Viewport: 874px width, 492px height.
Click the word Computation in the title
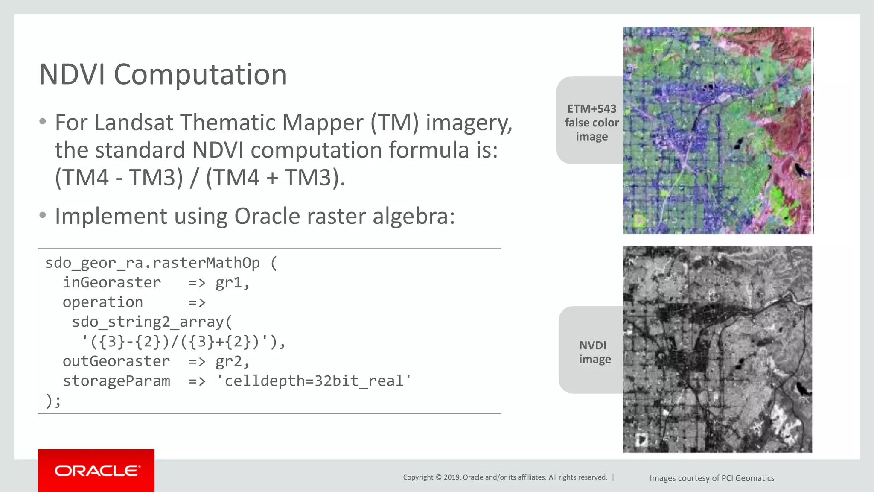tap(200, 75)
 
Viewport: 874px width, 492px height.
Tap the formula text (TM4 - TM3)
tap(119, 177)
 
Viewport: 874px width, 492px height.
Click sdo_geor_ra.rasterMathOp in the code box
tap(152, 263)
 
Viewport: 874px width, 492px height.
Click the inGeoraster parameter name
tap(112, 283)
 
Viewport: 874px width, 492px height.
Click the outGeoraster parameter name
tap(116, 361)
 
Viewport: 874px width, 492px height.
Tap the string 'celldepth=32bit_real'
tap(313, 381)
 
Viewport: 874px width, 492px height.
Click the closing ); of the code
tap(53, 401)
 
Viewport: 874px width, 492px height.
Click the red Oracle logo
tap(96, 471)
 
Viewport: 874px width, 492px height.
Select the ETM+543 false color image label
tap(591, 123)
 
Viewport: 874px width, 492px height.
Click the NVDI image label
tap(594, 352)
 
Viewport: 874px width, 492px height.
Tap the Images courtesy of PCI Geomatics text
tap(711, 478)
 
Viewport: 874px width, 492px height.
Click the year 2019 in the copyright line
tap(452, 477)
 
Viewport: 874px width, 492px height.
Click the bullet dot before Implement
tap(42, 215)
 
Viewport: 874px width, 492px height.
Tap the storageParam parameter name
tap(116, 381)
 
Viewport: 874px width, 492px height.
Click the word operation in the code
tap(103, 302)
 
